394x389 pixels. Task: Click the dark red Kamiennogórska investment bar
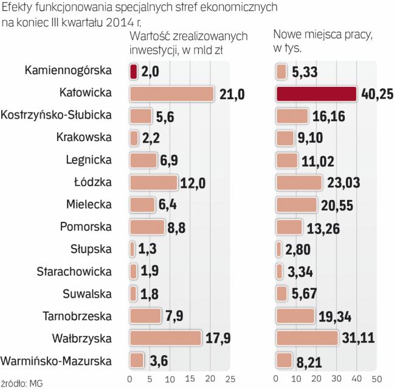click(133, 71)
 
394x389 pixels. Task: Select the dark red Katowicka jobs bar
click(316, 93)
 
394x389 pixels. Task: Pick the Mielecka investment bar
click(142, 205)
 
